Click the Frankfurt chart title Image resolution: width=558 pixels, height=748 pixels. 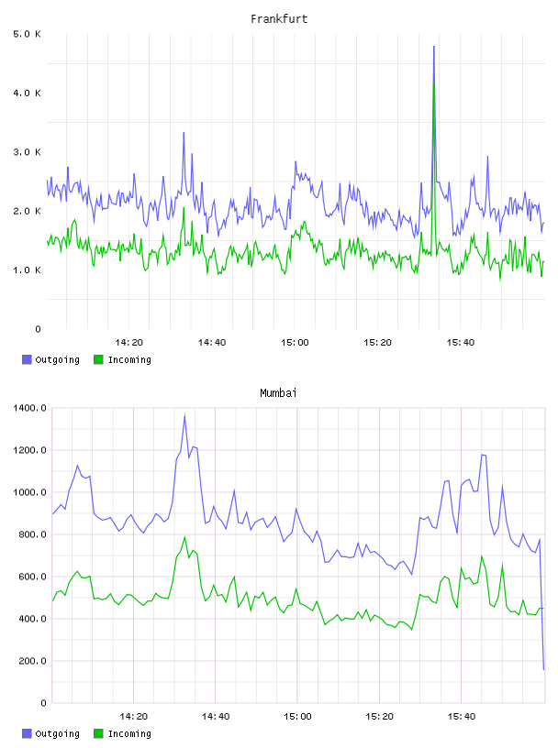[x=279, y=18]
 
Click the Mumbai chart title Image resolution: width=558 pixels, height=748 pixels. [x=278, y=392]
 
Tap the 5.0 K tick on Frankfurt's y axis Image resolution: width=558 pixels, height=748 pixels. [x=28, y=34]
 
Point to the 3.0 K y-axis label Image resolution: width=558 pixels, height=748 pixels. [x=28, y=152]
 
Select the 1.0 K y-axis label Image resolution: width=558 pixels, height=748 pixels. [x=28, y=270]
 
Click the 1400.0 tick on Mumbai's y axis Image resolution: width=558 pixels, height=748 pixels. [x=29, y=408]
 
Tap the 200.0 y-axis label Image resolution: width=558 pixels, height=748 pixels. [x=32, y=661]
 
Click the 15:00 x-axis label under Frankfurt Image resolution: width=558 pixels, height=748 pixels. [x=295, y=343]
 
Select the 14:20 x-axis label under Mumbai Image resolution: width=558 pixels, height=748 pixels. [x=133, y=717]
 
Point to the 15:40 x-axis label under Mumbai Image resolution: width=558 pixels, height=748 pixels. [x=462, y=717]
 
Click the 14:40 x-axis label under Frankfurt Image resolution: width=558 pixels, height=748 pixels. [x=212, y=343]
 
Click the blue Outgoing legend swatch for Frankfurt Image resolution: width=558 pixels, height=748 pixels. [x=27, y=359]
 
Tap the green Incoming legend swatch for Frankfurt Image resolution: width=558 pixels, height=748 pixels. [x=98, y=359]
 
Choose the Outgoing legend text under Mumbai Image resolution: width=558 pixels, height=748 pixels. [x=57, y=733]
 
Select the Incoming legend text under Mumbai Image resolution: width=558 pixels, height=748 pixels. [x=129, y=733]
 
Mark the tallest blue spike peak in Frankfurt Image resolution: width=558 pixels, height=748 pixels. [x=434, y=46]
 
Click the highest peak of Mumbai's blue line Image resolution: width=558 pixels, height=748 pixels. [x=184, y=414]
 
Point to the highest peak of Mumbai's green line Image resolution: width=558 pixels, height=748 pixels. [x=184, y=537]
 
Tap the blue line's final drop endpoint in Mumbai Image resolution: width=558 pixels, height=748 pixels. [x=543, y=669]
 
